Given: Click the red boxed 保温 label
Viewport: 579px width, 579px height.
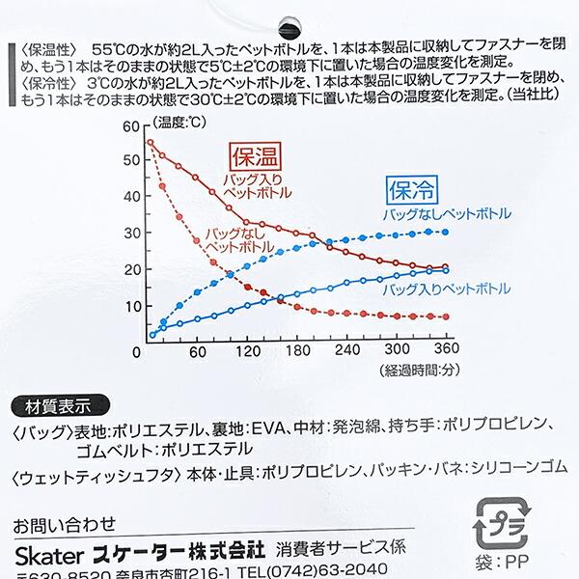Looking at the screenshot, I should click(252, 153).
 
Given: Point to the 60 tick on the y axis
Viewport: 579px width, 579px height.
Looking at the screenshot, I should click(132, 126).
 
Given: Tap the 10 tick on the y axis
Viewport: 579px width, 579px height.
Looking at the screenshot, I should click(132, 306).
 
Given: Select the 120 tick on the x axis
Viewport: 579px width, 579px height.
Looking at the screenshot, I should click(250, 352).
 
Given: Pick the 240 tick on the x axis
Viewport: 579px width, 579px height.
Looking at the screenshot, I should click(347, 352).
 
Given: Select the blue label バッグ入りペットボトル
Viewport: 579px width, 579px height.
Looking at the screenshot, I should click(446, 289).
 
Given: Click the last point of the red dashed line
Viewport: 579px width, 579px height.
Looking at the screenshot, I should click(445, 317).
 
